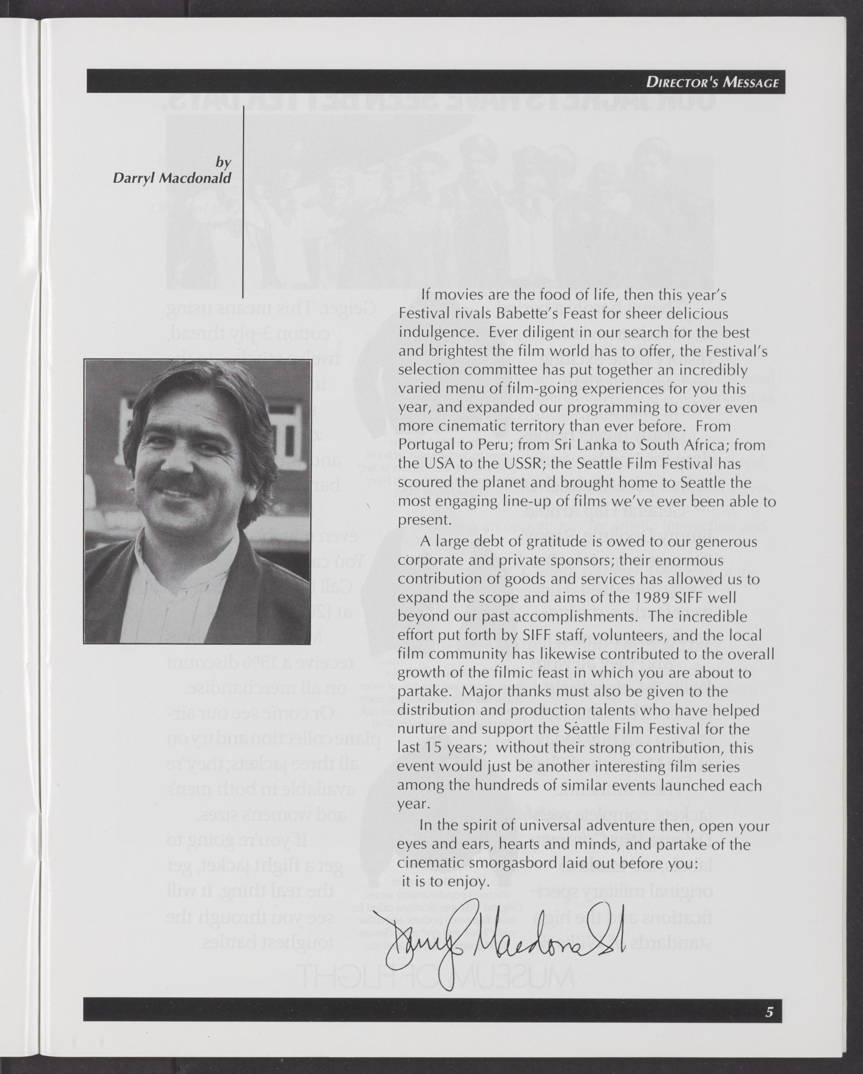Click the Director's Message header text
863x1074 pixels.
point(712,82)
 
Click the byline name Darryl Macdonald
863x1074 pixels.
point(172,178)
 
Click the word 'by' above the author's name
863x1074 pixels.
point(223,162)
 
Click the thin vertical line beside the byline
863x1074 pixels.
point(243,209)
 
